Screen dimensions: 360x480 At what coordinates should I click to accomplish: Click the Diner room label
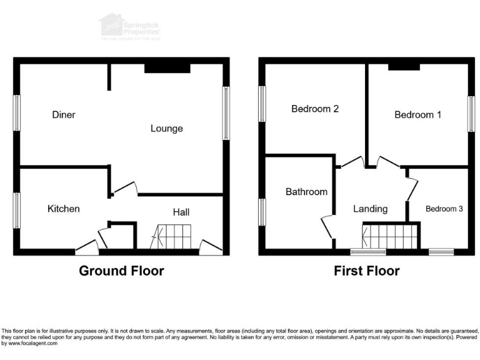click(x=64, y=115)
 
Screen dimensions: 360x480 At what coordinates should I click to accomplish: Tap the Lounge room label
click(x=166, y=129)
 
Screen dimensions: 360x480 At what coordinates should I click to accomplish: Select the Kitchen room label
click(x=64, y=209)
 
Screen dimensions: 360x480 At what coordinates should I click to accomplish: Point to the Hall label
click(x=181, y=212)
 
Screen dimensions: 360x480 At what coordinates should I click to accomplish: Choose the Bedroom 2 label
click(x=315, y=109)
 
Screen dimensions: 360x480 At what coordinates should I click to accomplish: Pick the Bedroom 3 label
click(x=444, y=209)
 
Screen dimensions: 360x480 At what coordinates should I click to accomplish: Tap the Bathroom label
click(x=306, y=192)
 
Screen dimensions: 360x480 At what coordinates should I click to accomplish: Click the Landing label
click(x=370, y=209)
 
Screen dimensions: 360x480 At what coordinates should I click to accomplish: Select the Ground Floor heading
click(x=121, y=271)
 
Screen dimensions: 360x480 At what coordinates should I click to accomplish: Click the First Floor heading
click(x=366, y=271)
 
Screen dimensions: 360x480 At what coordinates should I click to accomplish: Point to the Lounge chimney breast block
click(x=167, y=68)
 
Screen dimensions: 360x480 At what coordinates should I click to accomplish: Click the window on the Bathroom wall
click(x=262, y=211)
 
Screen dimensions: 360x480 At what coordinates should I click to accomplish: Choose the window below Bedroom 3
click(x=441, y=252)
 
